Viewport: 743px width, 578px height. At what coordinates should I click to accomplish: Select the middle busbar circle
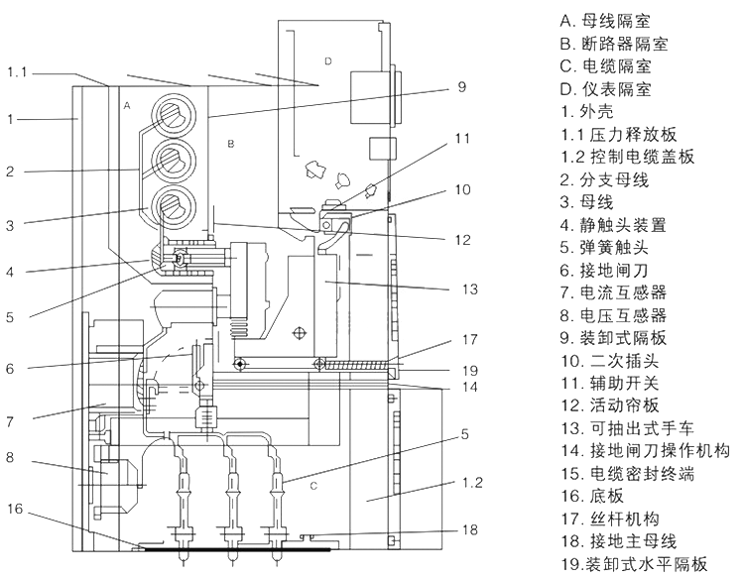coord(174,161)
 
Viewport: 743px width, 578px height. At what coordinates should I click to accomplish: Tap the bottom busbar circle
coord(174,206)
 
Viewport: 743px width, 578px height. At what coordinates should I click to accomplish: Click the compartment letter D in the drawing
coord(328,61)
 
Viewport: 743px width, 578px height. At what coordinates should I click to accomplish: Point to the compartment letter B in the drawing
coord(231,144)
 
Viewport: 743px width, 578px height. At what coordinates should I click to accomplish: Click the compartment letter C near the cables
coord(313,486)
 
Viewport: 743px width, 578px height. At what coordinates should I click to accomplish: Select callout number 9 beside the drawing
coord(462,87)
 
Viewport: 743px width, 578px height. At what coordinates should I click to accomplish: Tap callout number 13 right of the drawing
coord(469,289)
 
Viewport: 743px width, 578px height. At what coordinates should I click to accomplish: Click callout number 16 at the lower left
coord(15,509)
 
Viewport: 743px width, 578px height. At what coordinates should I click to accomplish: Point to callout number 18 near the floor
coord(469,529)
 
